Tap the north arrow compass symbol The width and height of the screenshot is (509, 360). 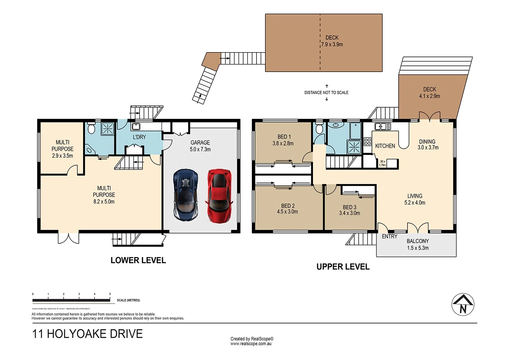click(x=463, y=305)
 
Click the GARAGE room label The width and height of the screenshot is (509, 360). click(x=200, y=143)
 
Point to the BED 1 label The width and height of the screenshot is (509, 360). click(x=284, y=137)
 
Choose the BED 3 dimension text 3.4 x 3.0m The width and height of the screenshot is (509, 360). click(x=349, y=213)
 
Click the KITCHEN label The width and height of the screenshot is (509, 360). click(x=385, y=146)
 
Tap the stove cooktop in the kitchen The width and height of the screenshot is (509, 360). click(x=367, y=141)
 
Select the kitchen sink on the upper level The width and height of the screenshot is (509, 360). click(x=382, y=126)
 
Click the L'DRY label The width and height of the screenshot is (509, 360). click(x=139, y=137)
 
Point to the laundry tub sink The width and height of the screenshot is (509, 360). click(x=136, y=126)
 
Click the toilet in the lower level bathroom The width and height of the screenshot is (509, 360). click(x=91, y=128)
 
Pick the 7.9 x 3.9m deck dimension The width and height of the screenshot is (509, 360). click(x=332, y=45)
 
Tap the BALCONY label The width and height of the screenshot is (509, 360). click(x=418, y=241)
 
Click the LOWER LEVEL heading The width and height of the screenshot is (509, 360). click(x=138, y=260)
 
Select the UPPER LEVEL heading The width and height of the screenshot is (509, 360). click(x=343, y=267)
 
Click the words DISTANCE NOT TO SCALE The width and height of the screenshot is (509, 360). click(x=326, y=93)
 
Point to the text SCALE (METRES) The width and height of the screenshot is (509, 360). click(x=128, y=300)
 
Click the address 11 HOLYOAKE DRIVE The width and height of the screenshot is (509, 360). click(x=87, y=334)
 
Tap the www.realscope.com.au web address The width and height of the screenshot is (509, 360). click(x=251, y=344)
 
